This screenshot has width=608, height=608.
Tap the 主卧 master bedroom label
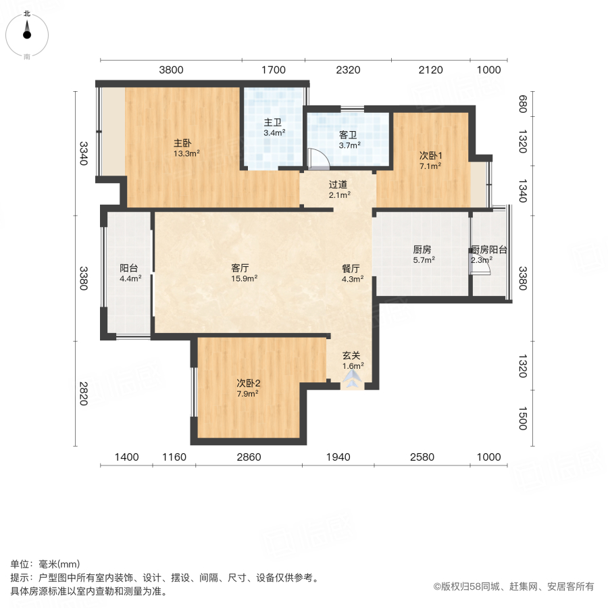(183, 143)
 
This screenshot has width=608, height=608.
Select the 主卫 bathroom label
(272, 123)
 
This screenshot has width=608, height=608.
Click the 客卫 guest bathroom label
(349, 134)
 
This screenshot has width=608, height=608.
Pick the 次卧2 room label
(248, 383)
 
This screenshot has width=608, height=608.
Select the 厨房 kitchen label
(422, 249)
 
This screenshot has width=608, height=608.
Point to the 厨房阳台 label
(489, 249)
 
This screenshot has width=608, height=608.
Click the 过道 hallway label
(338, 184)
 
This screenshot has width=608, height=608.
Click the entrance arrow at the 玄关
(352, 380)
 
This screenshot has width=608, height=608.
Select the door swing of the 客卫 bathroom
(318, 158)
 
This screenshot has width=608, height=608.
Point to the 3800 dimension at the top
(172, 70)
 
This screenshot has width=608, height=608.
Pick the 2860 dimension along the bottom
(249, 457)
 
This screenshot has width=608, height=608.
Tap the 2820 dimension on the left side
(83, 394)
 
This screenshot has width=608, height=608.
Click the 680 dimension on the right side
(522, 105)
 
